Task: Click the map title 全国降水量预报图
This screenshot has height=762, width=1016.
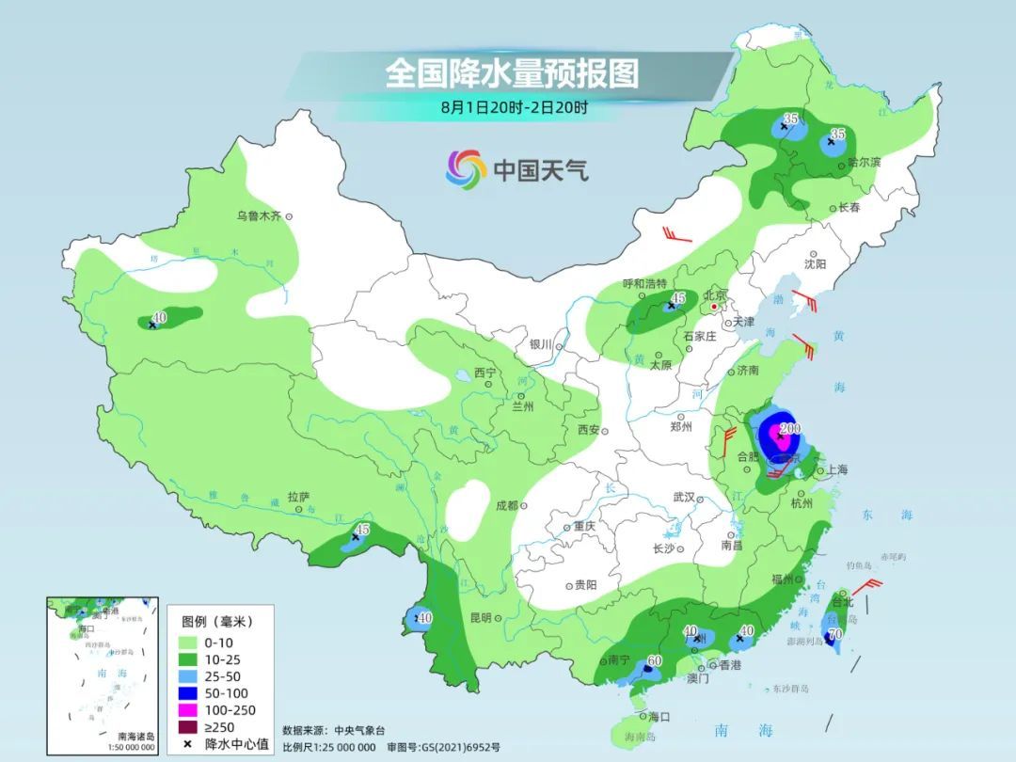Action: tap(512, 72)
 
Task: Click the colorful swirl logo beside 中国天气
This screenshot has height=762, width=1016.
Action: tap(466, 169)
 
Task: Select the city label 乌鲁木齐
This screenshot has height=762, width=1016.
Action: tap(259, 216)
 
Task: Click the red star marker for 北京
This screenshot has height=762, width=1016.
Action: tap(715, 307)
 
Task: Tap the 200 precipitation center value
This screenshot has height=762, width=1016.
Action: tap(790, 428)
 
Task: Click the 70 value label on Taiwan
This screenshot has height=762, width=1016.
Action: tap(833, 635)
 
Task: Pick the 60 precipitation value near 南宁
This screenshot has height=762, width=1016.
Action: tap(655, 660)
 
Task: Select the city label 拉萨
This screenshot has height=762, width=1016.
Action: tap(298, 497)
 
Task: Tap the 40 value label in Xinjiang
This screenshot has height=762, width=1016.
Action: tap(160, 318)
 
